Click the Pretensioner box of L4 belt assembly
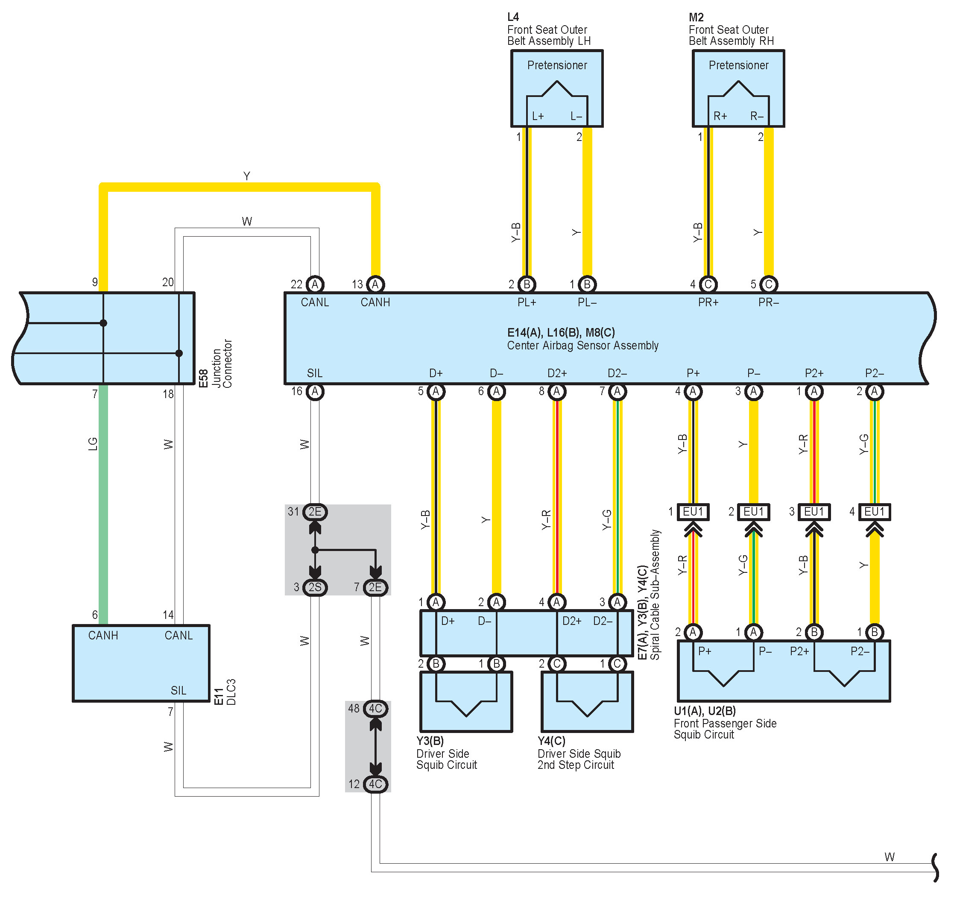557,88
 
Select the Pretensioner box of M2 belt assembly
738,88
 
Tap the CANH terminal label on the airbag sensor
375,302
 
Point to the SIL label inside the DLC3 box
179,690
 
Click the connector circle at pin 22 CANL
315,284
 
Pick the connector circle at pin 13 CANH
375,284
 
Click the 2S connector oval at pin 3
315,587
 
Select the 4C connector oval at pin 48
375,708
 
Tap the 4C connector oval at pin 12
375,784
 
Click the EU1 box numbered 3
814,512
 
